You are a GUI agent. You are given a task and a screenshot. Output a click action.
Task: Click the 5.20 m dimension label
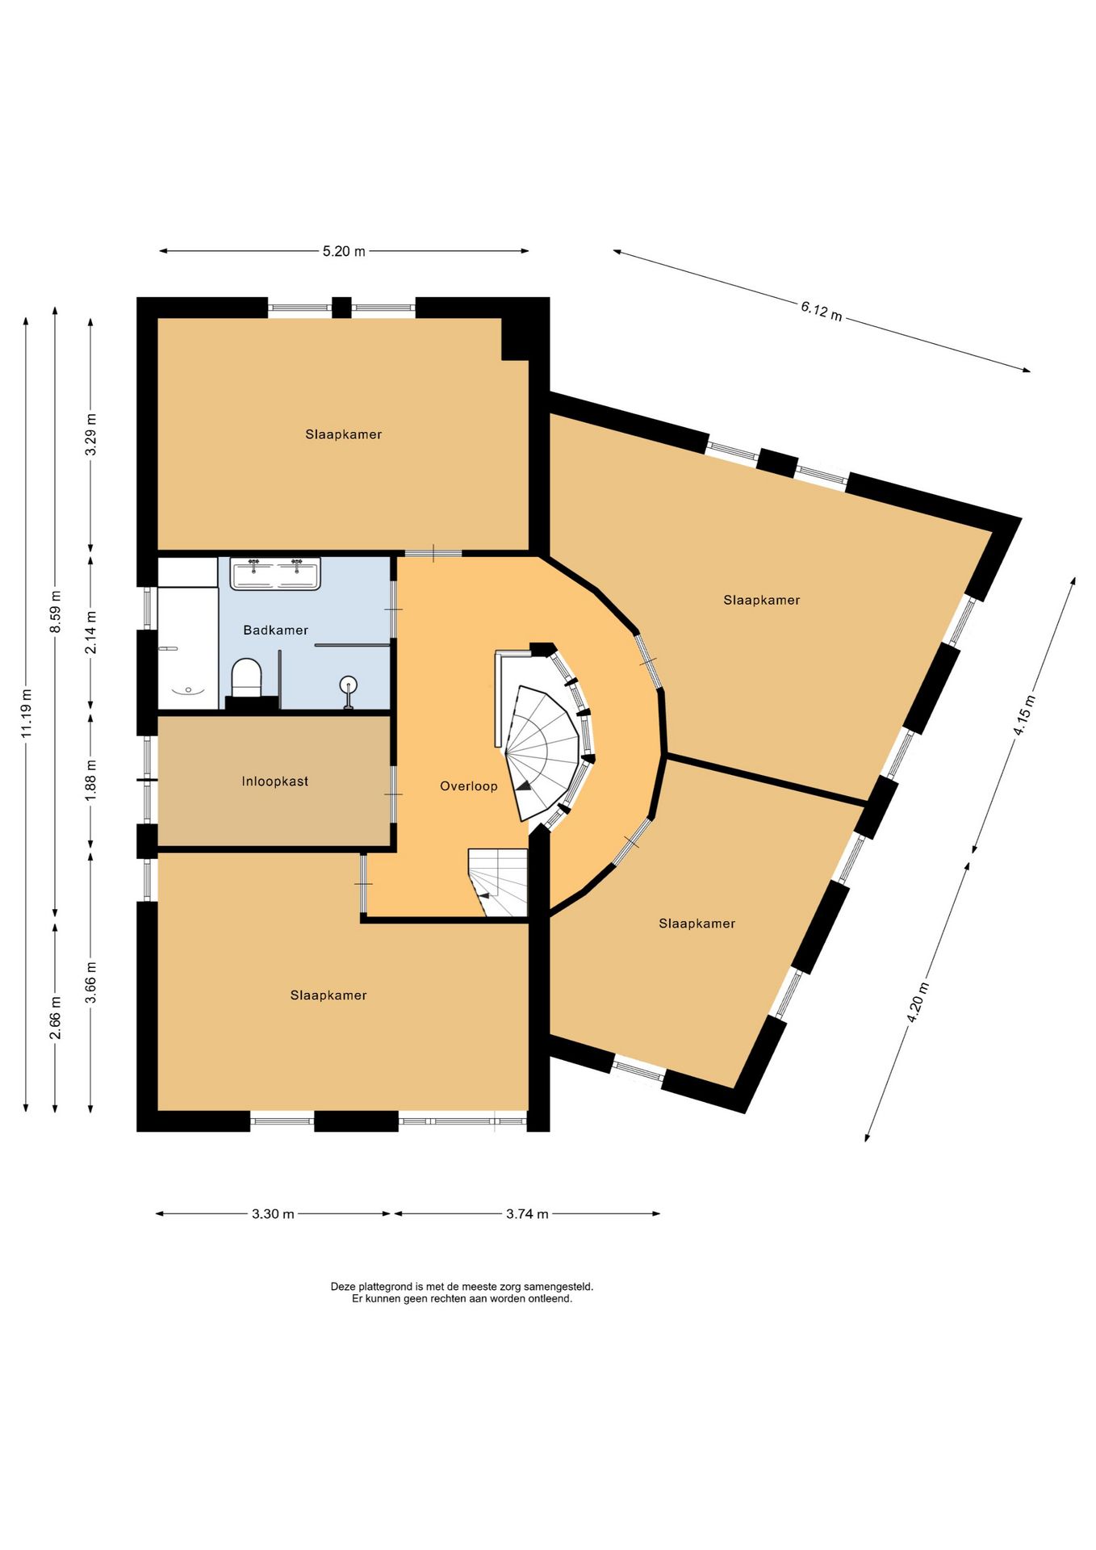(344, 251)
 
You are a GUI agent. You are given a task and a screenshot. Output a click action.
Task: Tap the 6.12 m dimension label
(822, 310)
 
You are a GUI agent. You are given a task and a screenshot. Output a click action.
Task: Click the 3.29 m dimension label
(91, 434)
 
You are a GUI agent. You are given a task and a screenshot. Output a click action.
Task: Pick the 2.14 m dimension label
(91, 634)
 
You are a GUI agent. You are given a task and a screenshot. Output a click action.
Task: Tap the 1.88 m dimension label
(91, 781)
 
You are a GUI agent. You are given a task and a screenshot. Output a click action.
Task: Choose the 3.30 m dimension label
(273, 1214)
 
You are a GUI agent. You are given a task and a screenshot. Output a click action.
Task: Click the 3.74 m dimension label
(527, 1214)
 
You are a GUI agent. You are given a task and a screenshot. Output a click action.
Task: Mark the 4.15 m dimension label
(1024, 714)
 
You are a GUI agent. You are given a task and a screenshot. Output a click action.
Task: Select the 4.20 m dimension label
(918, 1003)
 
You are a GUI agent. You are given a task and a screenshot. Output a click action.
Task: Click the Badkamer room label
(276, 630)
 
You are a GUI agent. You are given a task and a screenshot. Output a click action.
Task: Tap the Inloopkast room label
(275, 781)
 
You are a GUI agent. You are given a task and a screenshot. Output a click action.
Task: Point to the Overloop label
(469, 786)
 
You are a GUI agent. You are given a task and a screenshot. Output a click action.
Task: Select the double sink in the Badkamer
(275, 573)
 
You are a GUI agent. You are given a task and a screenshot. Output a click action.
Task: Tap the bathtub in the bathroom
(187, 648)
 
